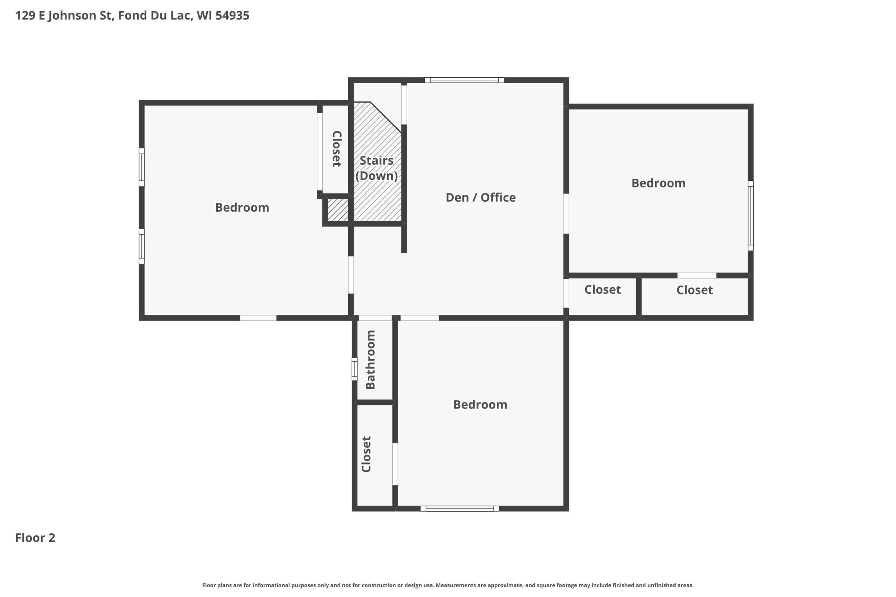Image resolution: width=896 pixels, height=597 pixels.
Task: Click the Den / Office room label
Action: pos(481,197)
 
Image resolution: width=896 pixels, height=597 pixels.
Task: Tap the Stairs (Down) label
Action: pos(376,168)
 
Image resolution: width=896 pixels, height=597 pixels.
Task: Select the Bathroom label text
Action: pos(370,360)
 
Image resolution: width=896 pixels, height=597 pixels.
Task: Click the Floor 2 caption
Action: pos(35,538)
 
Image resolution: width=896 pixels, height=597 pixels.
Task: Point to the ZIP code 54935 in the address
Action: pos(232,16)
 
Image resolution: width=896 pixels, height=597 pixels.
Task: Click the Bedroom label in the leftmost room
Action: pos(242,207)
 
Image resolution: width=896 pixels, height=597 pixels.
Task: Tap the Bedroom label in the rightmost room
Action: pos(658,183)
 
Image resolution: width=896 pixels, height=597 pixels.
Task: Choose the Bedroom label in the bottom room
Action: pos(480,404)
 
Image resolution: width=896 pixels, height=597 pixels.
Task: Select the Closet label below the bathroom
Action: pos(366,454)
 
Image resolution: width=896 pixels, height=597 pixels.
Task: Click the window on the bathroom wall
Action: pos(354,369)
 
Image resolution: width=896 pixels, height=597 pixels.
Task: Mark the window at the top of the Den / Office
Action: pos(464,80)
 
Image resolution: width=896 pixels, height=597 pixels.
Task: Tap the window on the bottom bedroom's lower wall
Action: pos(460,509)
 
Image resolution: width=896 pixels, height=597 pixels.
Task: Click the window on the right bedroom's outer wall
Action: pos(750,215)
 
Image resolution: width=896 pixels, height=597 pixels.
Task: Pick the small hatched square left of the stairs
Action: pos(338,210)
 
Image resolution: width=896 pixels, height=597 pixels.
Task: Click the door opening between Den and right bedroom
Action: pos(566,214)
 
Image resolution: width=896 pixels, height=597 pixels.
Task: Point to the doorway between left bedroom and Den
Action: pos(351,275)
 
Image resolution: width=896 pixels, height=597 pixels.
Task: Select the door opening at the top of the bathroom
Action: pos(375,318)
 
